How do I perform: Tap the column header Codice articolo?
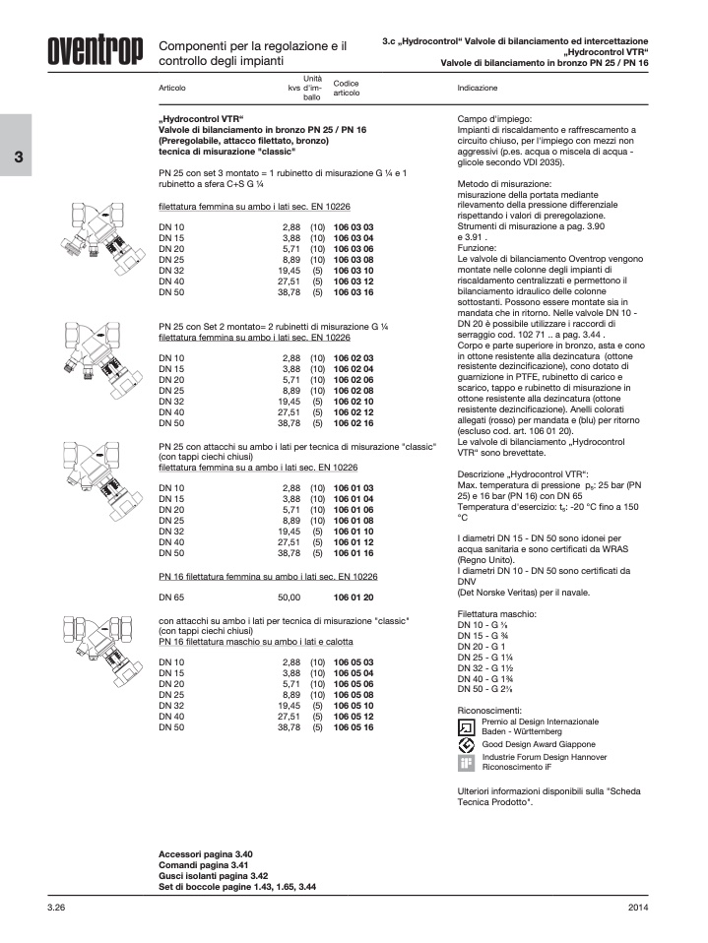point(346,88)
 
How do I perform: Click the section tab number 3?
point(17,158)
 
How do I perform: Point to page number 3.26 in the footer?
point(56,906)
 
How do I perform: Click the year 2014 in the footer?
point(637,906)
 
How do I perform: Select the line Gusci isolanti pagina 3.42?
point(213,875)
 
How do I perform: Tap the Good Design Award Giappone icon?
point(467,745)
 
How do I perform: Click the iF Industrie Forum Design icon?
point(467,763)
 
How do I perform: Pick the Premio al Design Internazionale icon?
point(467,727)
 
